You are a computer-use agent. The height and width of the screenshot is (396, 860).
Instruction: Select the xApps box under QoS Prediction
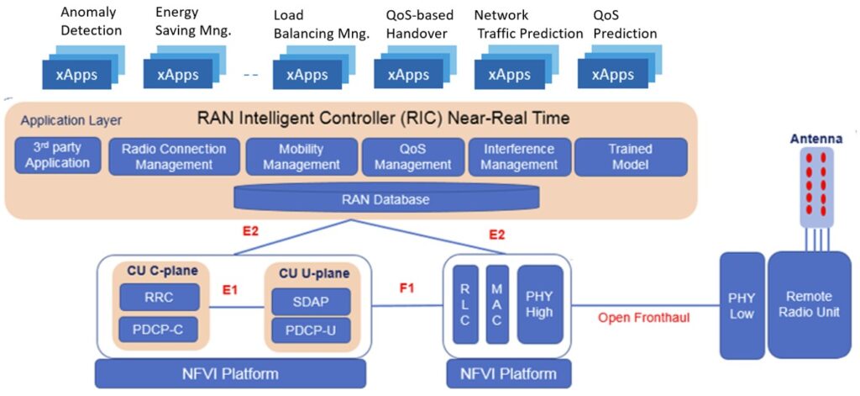tap(613, 75)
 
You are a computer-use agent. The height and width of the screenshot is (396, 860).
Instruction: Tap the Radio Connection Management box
tap(174, 156)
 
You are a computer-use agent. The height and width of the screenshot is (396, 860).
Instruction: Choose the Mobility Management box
tap(302, 156)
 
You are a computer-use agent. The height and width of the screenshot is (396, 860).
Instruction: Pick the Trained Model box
tap(631, 156)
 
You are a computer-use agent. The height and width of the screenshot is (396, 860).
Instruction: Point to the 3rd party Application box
tap(57, 156)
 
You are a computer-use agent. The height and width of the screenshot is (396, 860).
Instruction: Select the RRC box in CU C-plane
tap(159, 298)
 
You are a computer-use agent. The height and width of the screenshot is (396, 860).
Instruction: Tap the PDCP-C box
tap(159, 330)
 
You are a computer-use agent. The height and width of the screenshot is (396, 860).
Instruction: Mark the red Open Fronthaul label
tap(643, 318)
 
